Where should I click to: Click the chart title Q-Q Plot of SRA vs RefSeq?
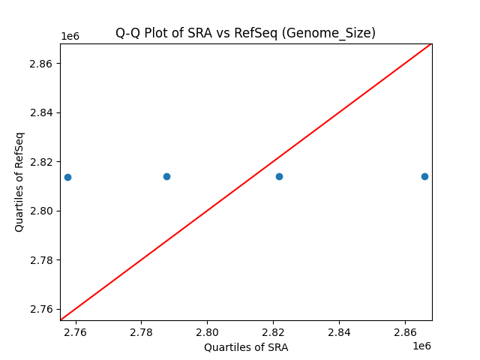pos(245,33)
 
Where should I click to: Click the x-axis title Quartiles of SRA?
pos(246,347)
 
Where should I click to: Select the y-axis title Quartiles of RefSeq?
pos(20,181)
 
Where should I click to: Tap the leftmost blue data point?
pos(67,177)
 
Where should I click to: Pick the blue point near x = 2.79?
pos(166,176)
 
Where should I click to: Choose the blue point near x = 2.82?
pos(279,176)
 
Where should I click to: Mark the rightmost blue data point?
pos(424,176)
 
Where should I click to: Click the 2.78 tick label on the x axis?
pos(141,331)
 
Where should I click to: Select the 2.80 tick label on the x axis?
pos(207,331)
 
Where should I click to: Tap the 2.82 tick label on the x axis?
pos(273,331)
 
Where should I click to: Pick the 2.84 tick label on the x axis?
pos(339,331)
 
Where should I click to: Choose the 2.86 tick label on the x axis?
pos(405,331)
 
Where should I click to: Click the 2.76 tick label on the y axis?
pos(42,309)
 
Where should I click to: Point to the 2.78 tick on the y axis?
pos(42,260)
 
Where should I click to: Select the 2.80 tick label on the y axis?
pos(42,211)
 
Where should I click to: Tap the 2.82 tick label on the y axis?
pos(42,162)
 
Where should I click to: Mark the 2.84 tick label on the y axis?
pos(42,112)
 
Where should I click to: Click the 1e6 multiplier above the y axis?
pos(70,36)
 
